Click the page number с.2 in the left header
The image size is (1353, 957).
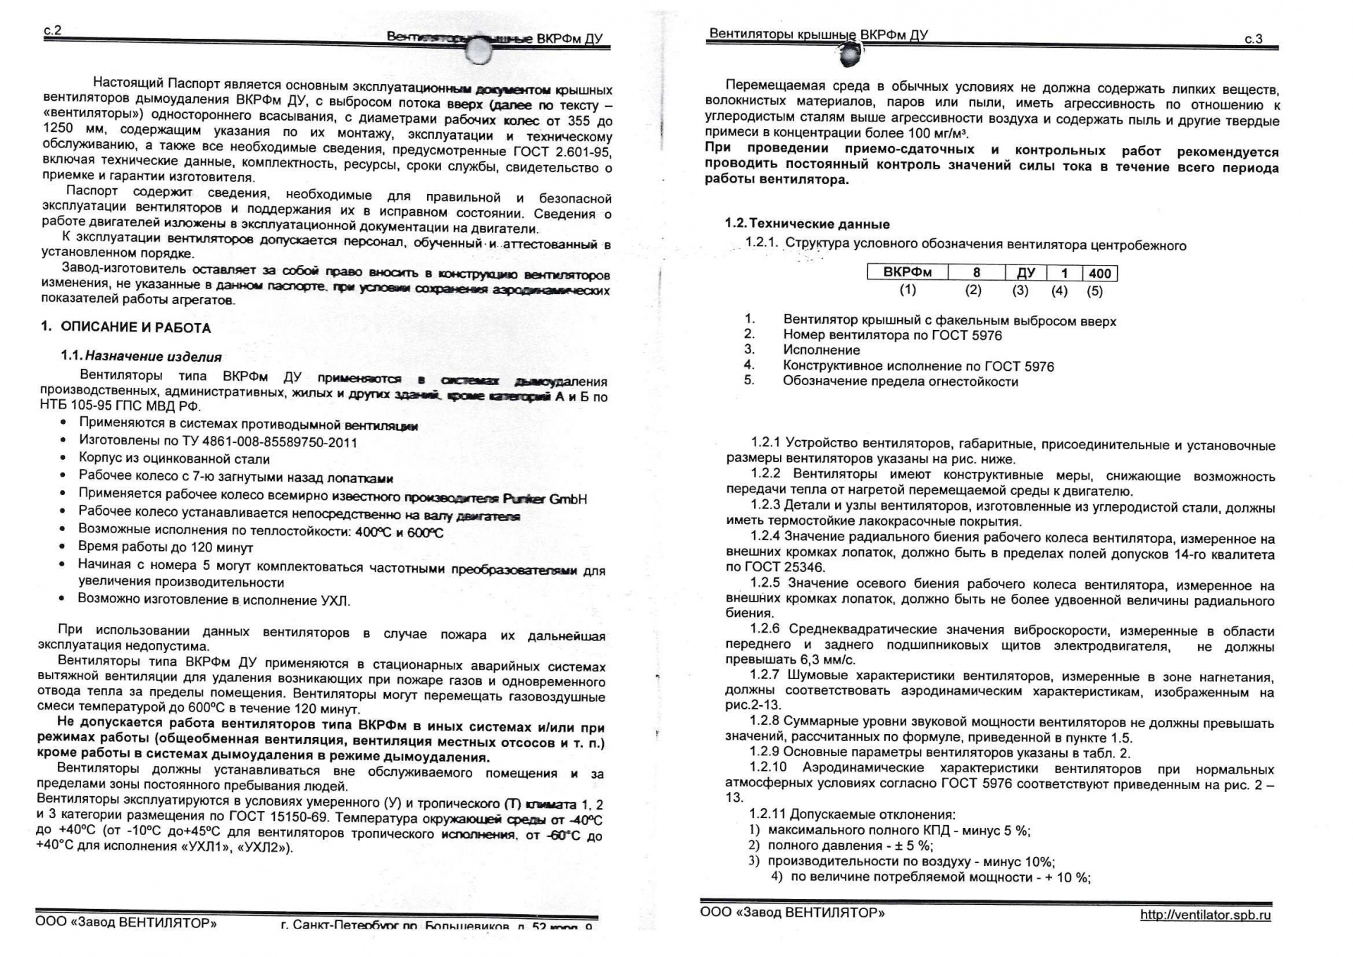pyautogui.click(x=53, y=30)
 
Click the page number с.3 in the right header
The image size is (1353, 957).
pyautogui.click(x=1253, y=39)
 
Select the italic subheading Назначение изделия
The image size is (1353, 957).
pyautogui.click(x=153, y=357)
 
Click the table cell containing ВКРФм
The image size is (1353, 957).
pyautogui.click(x=907, y=272)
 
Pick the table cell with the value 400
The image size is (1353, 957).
pyautogui.click(x=1099, y=274)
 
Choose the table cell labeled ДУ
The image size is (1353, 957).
pyautogui.click(x=1025, y=273)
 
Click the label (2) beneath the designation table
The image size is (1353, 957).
pyautogui.click(x=973, y=290)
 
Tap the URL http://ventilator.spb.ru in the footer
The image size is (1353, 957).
pyautogui.click(x=1206, y=915)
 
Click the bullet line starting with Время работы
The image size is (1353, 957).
pyautogui.click(x=166, y=547)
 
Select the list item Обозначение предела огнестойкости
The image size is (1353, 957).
pyautogui.click(x=900, y=382)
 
